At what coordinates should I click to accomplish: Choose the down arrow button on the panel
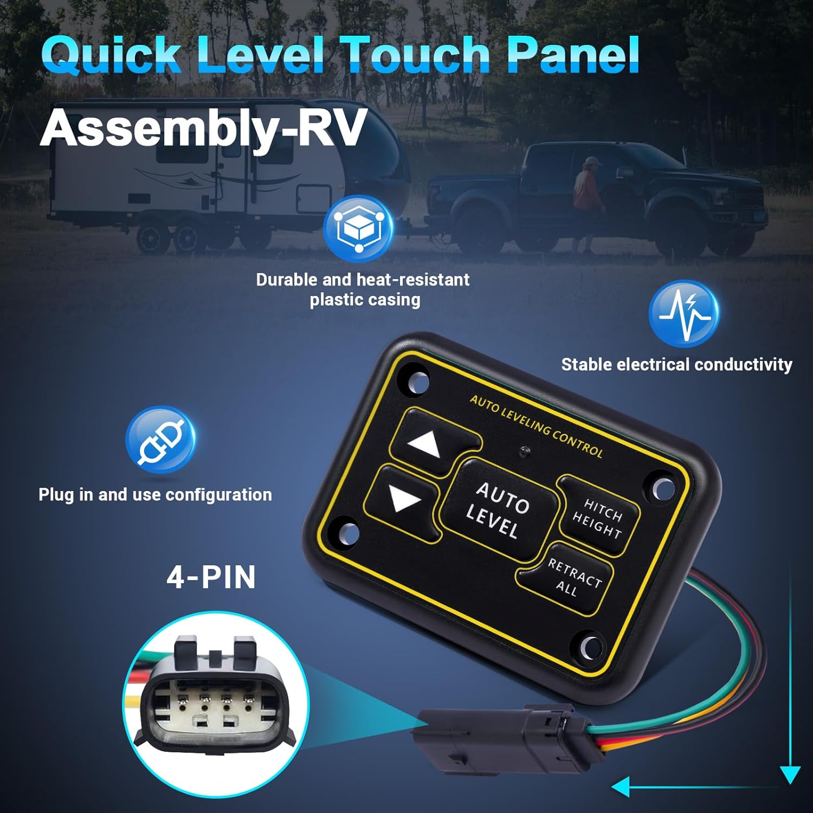[404, 500]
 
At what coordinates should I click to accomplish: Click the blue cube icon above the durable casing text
[357, 227]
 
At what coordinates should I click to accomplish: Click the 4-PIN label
[211, 577]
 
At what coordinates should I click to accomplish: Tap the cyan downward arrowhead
[790, 774]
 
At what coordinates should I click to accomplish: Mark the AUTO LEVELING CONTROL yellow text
[535, 425]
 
